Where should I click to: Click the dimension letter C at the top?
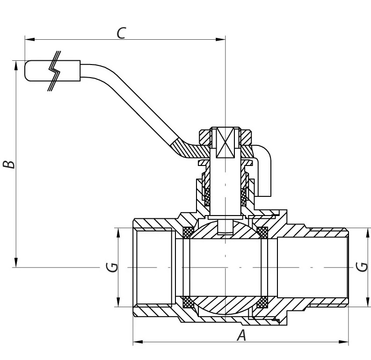pos(121,33)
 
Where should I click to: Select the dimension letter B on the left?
pos(9,164)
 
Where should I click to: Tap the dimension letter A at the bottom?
pos(241,335)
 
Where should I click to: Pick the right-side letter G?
pos(361,267)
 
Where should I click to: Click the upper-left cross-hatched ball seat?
pos(188,231)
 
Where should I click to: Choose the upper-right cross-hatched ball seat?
pos(262,231)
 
